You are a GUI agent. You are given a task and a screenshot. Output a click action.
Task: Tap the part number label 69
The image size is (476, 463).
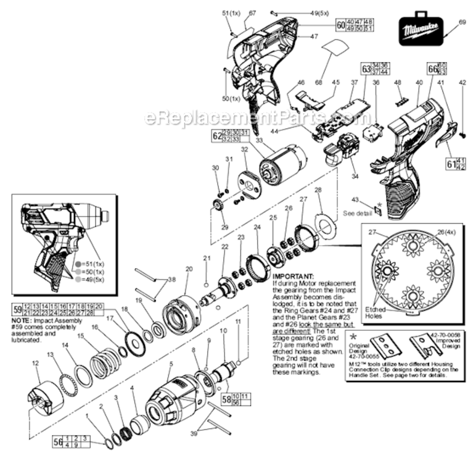pos(463,22)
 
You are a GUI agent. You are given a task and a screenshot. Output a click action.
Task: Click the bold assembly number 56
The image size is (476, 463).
pos(59,441)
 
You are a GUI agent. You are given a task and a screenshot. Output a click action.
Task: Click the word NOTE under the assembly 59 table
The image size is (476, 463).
pos(22,321)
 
